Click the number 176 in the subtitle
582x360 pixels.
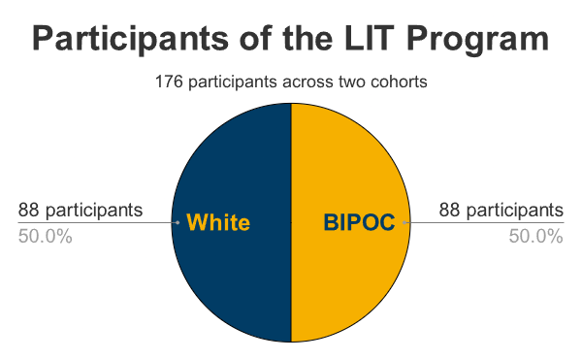tap(169, 82)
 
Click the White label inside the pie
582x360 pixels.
tap(217, 222)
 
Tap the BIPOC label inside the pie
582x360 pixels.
tap(358, 222)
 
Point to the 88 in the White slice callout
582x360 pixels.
tap(29, 210)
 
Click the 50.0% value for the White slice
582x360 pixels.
tap(45, 237)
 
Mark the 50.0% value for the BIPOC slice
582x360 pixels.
tap(536, 237)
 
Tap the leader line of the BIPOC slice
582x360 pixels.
tap(485, 222)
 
